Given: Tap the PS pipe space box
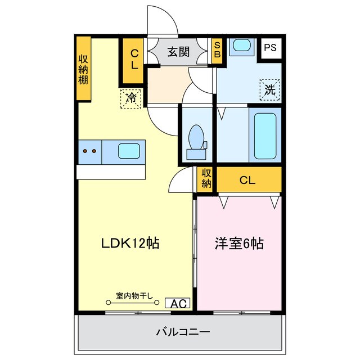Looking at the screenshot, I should (271, 48).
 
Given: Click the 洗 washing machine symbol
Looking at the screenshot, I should (270, 89).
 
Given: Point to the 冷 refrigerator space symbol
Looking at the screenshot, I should (130, 98).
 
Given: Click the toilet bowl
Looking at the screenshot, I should (196, 138).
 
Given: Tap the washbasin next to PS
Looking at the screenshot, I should (242, 46).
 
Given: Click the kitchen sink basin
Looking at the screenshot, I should (129, 151).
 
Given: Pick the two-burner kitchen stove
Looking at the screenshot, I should (89, 151).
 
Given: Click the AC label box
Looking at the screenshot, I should (178, 304).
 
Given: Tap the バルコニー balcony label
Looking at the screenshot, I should (183, 332).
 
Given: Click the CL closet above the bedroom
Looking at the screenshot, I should (247, 181).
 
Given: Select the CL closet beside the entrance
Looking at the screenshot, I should (134, 58).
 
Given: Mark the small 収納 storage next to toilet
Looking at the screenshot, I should (206, 179).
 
